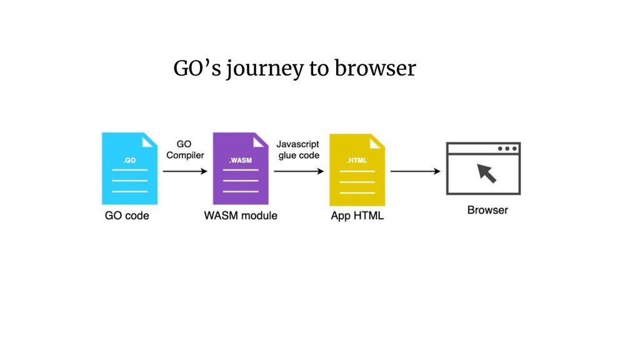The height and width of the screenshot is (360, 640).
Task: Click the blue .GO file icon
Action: pos(129,169)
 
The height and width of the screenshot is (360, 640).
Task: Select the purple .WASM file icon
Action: pos(241,169)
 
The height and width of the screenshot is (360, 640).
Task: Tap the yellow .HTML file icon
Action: pos(357,169)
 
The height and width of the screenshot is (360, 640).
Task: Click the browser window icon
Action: pos(483,168)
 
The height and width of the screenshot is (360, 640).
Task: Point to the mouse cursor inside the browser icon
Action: pos(486,172)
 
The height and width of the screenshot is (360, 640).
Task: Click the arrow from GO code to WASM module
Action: pos(184,171)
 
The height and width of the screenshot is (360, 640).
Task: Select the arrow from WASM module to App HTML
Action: pos(299,171)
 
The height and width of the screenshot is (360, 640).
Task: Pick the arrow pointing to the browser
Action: pos(415,171)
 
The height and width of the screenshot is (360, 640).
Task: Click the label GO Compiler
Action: pos(184,150)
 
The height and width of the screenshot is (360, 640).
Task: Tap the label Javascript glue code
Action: pos(298,150)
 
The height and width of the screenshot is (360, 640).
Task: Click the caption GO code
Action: pos(127,216)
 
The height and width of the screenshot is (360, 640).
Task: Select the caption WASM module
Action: pos(241,216)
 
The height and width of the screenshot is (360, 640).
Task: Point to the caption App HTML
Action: pos(357,216)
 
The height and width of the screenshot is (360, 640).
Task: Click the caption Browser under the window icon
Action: pos(487,210)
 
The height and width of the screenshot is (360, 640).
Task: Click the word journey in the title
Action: pos(265,69)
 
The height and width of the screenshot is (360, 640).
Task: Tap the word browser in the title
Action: pos(375,69)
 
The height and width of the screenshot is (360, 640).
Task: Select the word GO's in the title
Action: pos(196,69)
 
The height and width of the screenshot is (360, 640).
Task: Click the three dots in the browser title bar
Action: pos(507,149)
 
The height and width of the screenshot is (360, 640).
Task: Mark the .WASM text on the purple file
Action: pos(241,161)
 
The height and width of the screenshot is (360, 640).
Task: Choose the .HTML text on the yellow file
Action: pos(357,161)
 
